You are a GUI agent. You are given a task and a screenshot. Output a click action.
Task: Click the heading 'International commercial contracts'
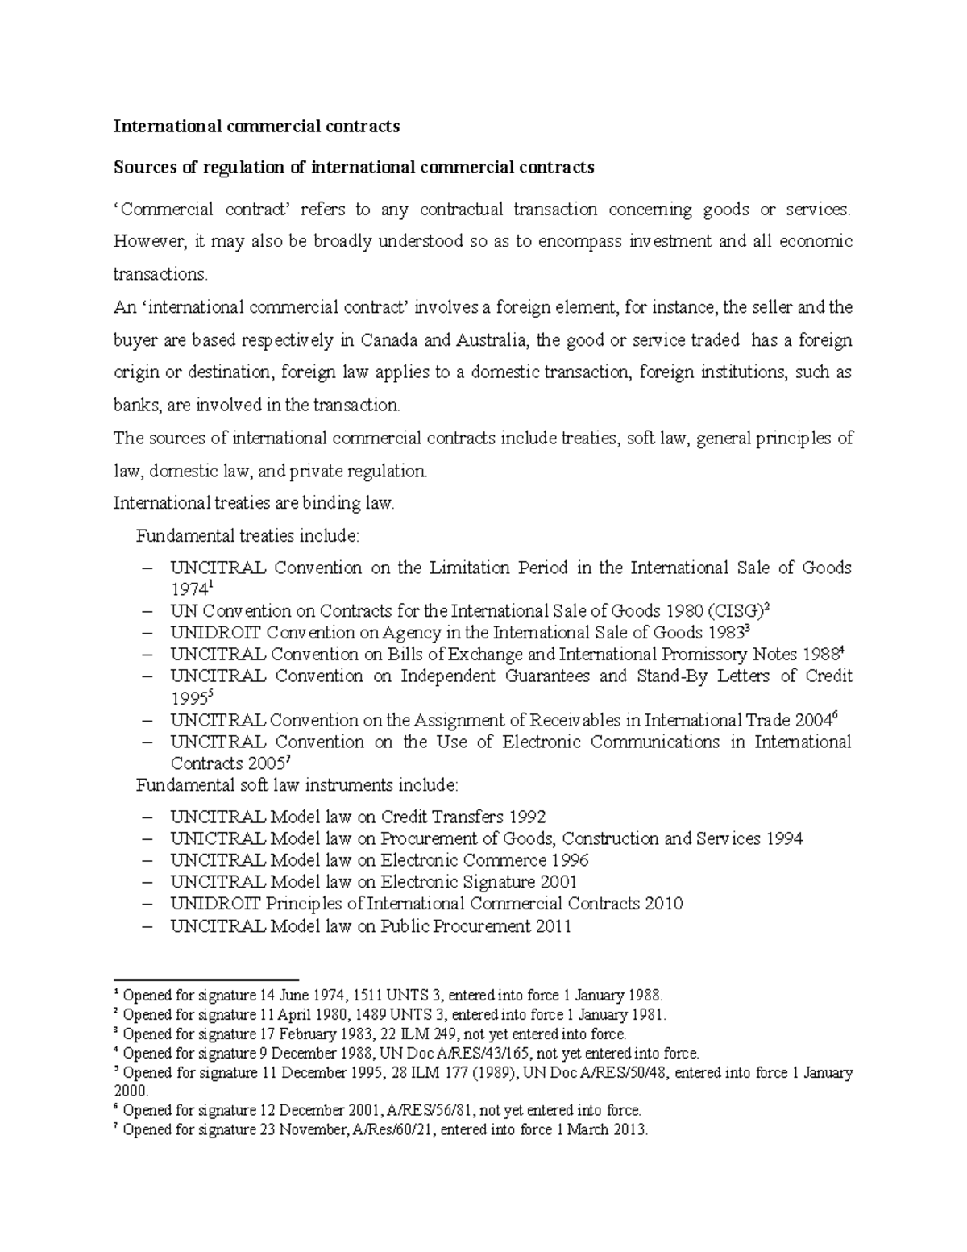[256, 127]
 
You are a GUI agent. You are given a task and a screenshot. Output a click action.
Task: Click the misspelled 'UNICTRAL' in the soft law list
[217, 838]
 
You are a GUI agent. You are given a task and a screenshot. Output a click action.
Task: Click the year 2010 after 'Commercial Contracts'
[664, 904]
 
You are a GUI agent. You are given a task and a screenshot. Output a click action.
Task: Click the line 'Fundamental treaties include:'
[249, 536]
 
